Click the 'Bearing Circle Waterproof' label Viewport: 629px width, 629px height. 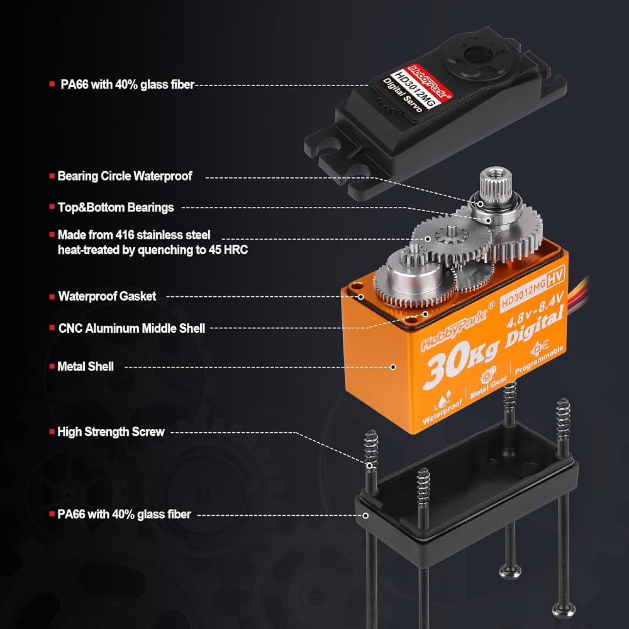coord(125,176)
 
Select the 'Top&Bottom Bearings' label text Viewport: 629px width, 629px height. coord(116,208)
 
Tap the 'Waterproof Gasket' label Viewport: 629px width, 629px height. coord(107,296)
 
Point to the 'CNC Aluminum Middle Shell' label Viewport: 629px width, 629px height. coord(131,328)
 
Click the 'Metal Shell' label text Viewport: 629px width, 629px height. coord(86,366)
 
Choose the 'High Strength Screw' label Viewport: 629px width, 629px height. coord(111,431)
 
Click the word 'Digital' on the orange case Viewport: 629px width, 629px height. coord(535,325)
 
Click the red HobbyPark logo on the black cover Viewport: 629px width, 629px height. coord(429,81)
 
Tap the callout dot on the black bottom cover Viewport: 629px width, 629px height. coord(365,516)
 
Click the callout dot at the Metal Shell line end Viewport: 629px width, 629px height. coord(394,367)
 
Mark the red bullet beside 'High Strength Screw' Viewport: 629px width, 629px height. coord(52,431)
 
